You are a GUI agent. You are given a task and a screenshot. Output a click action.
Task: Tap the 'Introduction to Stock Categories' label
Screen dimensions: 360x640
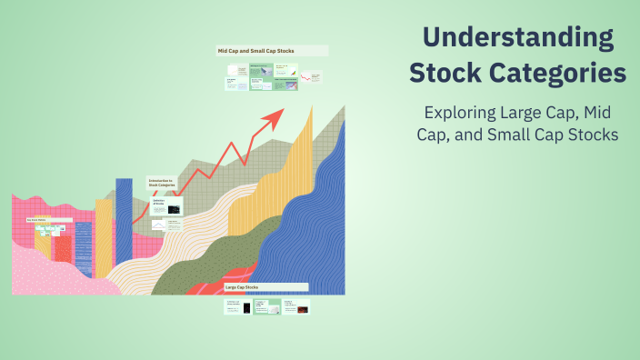pyautogui.click(x=164, y=183)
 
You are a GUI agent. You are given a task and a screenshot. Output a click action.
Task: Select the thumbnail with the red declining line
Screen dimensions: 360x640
pyautogui.click(x=312, y=80)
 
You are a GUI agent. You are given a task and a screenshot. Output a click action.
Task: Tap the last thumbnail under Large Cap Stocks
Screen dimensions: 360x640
pyautogui.click(x=295, y=307)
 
